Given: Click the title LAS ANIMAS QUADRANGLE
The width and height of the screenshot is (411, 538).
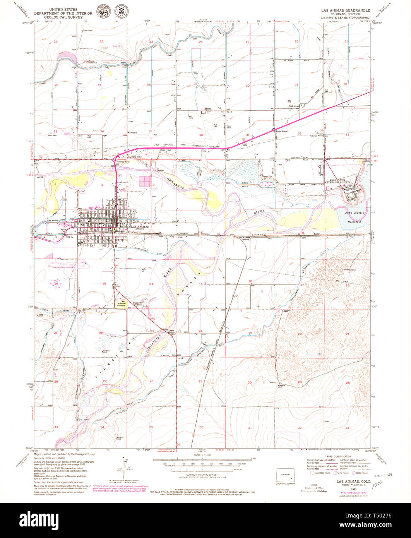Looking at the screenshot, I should (x=345, y=10).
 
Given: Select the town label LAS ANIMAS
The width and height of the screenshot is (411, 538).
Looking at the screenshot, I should (x=138, y=226).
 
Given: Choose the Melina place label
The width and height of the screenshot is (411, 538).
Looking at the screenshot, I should (x=208, y=109).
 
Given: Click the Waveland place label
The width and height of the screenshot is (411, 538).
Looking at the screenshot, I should (x=132, y=132).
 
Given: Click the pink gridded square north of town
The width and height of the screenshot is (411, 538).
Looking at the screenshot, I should (x=145, y=182).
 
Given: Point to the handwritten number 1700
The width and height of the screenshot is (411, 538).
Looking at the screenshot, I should (x=377, y=484).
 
